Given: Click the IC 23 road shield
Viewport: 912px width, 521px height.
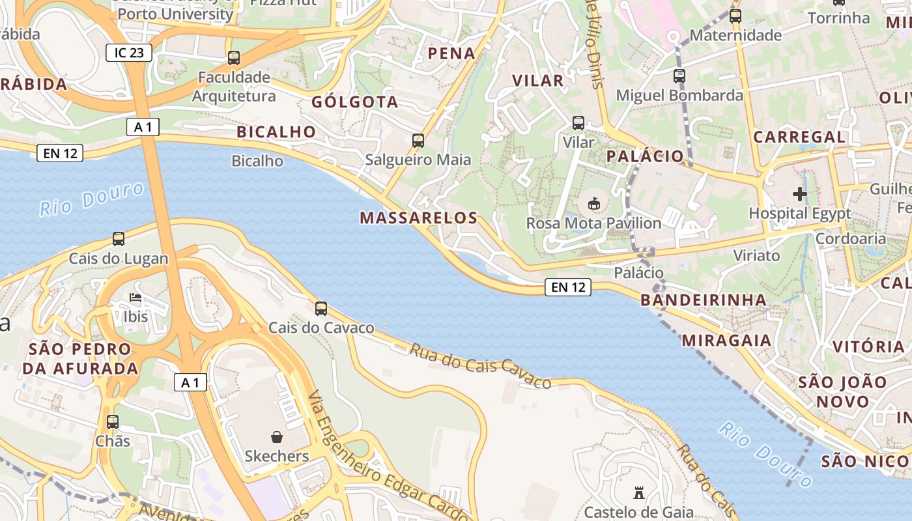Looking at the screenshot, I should [129, 53].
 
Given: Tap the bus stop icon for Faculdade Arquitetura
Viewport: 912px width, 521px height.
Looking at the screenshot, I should [234, 58].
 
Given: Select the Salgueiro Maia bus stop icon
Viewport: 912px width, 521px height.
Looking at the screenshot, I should [418, 140].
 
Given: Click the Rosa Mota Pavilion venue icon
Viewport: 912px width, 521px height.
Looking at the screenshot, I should [594, 204].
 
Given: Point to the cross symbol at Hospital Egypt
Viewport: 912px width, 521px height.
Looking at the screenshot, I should [800, 193].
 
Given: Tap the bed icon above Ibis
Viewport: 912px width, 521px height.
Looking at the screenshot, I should [135, 298].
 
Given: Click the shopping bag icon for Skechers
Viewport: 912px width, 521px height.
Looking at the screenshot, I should [277, 436].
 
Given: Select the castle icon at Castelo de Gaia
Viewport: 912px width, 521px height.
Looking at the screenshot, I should [638, 493].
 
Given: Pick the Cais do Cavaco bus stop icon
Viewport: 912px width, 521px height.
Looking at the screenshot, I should [321, 309].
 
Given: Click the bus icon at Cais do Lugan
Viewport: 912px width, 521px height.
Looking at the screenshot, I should [119, 239].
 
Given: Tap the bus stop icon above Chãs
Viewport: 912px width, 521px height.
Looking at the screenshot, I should [113, 421].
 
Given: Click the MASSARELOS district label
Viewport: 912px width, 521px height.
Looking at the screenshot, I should [419, 218].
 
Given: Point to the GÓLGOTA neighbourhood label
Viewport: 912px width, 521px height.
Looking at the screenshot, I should [355, 102].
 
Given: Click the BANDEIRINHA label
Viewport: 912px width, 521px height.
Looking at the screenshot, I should [704, 300].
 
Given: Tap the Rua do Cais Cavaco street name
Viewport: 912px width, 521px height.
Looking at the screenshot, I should [480, 366].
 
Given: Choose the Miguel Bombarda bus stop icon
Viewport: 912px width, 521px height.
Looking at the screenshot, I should [679, 76].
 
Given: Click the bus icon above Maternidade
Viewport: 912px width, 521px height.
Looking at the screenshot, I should [735, 16].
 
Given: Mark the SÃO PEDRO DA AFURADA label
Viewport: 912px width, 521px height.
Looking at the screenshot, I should [80, 359].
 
